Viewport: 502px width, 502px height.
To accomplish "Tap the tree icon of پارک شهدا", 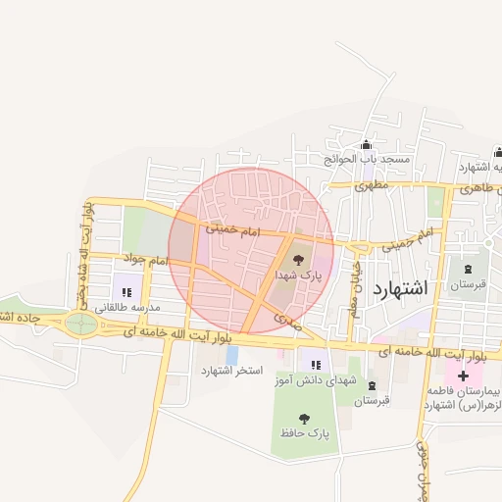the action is pos(298,260).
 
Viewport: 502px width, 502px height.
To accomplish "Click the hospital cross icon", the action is pos(463,376).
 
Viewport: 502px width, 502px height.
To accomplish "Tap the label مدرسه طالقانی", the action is pos(125,308).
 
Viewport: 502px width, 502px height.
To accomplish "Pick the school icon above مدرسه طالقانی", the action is pos(126,291).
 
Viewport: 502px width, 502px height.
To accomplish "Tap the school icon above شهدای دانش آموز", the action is pos(315,365).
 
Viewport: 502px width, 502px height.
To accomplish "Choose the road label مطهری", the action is pos(373,184).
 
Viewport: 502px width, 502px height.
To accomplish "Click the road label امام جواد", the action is pos(146,262).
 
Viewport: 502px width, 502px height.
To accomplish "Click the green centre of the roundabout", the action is pos(80,323).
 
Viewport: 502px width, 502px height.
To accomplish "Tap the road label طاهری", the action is pos(476,186).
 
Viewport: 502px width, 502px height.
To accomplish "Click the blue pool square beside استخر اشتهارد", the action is pos(231,353).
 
